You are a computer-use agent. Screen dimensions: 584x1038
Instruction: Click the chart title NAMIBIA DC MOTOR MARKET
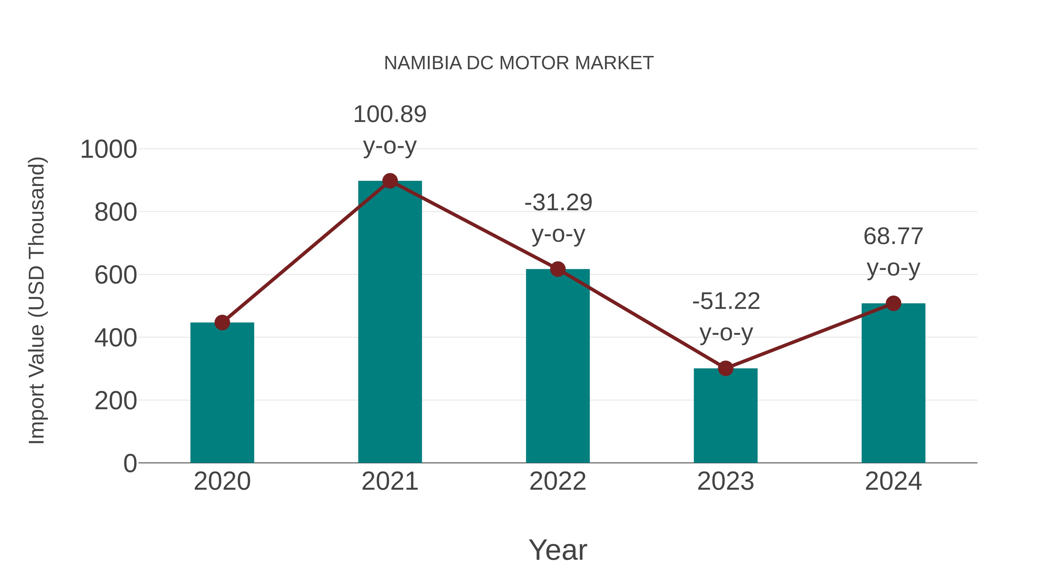tap(519, 63)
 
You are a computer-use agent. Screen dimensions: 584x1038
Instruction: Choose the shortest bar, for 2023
tap(725, 415)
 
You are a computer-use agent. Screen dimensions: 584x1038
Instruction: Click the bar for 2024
tap(893, 383)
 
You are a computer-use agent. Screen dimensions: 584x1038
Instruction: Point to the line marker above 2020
tap(222, 322)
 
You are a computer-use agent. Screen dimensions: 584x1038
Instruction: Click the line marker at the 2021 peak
tap(390, 181)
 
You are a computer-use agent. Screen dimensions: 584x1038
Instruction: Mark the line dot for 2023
tap(725, 368)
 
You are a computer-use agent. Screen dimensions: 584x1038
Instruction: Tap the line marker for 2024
tap(893, 303)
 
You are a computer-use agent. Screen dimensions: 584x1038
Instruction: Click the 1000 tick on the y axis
tap(109, 149)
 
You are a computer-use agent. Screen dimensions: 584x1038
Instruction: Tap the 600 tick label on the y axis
tap(116, 276)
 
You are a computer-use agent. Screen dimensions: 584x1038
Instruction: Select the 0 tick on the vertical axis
tap(130, 463)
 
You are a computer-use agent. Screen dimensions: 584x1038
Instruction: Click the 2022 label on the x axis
tap(558, 481)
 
